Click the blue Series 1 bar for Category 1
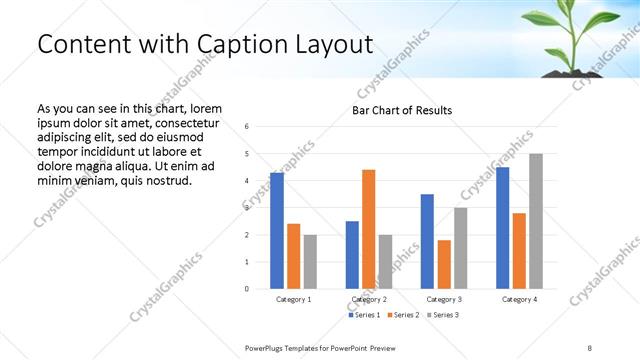[277, 231]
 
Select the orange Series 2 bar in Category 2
[368, 229]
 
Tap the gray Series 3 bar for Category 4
[536, 221]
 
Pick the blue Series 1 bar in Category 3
[427, 241]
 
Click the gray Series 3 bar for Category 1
[310, 262]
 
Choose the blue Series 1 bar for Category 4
[502, 228]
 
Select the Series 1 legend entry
[363, 315]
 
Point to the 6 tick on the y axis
[247, 127]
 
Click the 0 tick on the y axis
[247, 289]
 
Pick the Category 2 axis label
[369, 299]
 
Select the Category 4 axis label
[519, 299]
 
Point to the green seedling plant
[570, 35]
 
